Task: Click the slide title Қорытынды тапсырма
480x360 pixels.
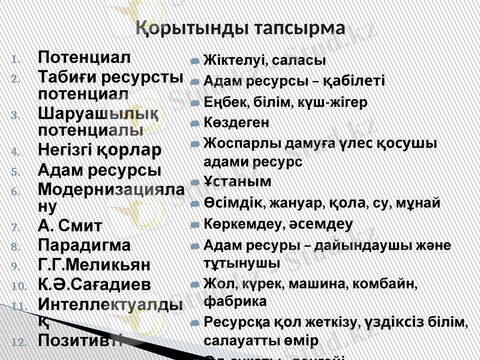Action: (240, 28)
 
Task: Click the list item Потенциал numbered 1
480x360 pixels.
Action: (83, 58)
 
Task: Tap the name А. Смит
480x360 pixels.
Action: (70, 226)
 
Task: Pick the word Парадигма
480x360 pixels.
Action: (83, 245)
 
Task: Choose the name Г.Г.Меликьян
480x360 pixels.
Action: (94, 265)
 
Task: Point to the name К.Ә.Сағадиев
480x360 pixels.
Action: (94, 284)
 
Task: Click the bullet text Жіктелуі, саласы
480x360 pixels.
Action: (265, 61)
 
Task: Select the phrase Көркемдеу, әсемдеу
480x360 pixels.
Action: (278, 224)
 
